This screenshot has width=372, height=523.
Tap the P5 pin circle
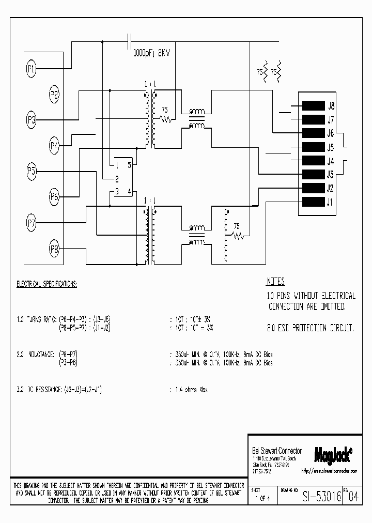[32, 171]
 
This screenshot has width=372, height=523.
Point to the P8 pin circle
[54, 250]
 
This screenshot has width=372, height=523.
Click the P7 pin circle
[32, 223]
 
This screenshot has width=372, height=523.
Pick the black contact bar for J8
[313, 106]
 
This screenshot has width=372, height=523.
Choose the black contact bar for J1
[313, 202]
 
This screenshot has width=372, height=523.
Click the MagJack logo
[333, 453]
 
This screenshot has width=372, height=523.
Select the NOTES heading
[276, 282]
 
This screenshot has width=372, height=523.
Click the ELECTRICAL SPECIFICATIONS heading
[47, 284]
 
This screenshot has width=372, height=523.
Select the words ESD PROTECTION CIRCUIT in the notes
[317, 329]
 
